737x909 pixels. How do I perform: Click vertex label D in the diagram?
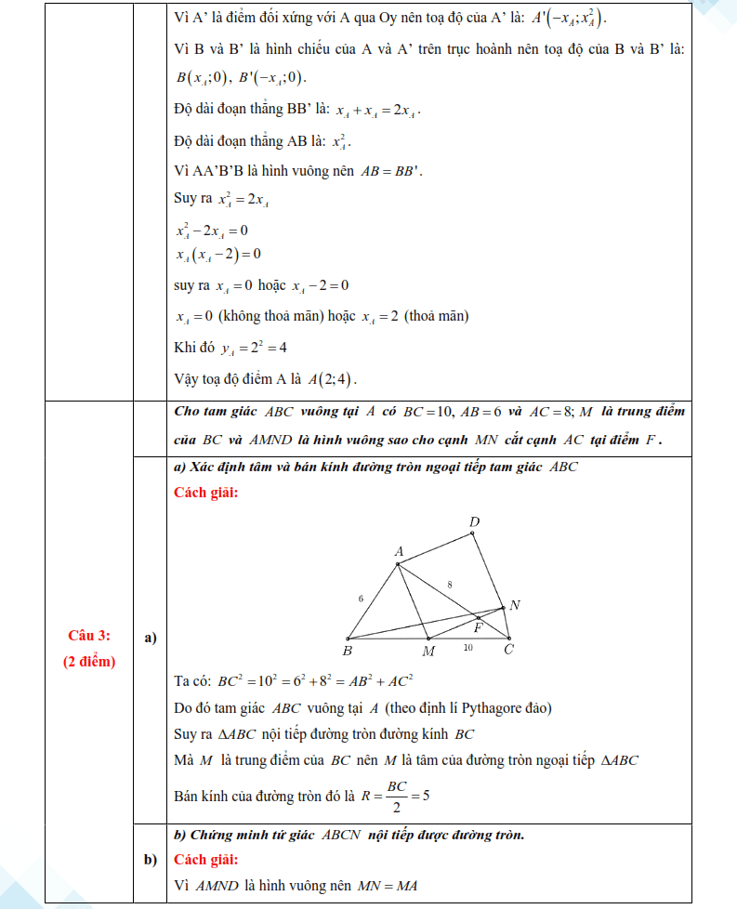point(474,523)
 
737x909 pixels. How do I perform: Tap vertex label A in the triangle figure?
point(399,552)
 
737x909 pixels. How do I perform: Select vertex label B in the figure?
point(347,652)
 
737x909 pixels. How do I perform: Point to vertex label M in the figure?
point(428,652)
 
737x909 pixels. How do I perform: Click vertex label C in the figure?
point(508,650)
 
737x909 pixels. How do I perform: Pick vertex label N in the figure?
point(515,605)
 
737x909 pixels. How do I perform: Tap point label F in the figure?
point(480,626)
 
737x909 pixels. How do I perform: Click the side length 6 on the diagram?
point(361,599)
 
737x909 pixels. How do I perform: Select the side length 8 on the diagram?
point(450,585)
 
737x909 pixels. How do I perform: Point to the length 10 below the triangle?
point(468,647)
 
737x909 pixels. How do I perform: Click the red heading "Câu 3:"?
point(89,636)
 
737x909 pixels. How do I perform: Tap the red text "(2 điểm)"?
point(89,662)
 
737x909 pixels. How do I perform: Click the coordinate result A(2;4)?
point(333,379)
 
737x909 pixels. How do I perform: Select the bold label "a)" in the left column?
point(150,638)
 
